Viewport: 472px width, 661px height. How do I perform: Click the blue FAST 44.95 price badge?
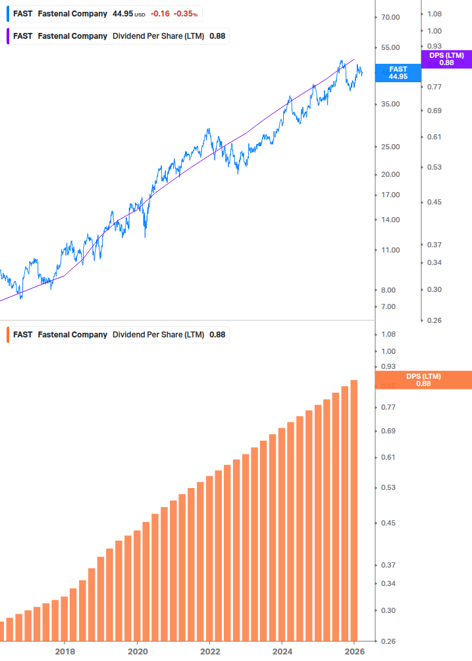(398, 73)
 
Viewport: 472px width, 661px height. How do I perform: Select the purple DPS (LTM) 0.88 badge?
(446, 59)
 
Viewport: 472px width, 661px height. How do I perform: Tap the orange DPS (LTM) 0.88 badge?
(423, 380)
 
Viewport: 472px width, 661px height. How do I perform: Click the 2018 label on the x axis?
(65, 651)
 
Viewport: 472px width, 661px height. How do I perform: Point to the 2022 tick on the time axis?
(209, 651)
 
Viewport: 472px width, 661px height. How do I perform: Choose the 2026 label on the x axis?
(354, 651)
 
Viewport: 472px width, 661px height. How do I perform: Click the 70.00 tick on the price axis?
(390, 17)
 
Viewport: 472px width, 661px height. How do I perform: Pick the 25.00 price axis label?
(390, 147)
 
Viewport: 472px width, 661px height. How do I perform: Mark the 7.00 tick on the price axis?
(388, 306)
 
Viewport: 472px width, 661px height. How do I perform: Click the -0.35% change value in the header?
(186, 14)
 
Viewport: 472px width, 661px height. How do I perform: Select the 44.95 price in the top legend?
(122, 14)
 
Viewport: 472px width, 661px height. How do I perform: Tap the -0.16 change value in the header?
(159, 14)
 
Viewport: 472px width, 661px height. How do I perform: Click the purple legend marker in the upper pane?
(7, 36)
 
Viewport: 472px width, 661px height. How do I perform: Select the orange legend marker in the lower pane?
(7, 335)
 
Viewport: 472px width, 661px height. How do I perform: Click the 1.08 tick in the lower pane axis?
(388, 334)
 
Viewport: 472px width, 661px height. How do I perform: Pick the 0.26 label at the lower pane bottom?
(388, 641)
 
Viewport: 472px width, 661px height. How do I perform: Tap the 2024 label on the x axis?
(282, 651)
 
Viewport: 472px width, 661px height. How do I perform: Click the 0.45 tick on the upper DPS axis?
(434, 202)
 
